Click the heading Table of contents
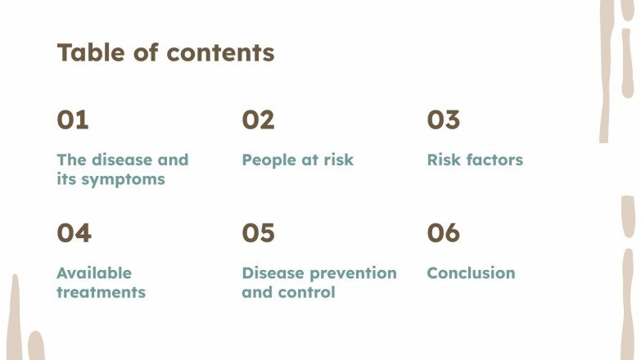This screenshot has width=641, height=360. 165,53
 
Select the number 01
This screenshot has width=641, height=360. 72,120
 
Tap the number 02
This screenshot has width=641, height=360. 258,120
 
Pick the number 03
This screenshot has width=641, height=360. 444,120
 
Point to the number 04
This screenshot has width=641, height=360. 74,233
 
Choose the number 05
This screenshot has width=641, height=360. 258,233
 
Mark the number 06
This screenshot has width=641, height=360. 444,233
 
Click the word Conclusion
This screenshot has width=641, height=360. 471,273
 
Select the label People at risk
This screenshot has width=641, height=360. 297,160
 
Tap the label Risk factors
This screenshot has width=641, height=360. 475,160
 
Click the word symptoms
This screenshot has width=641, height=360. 123,179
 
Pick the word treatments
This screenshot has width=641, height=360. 101,292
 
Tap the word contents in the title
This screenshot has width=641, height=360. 220,53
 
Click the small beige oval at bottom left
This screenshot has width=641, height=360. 36,347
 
